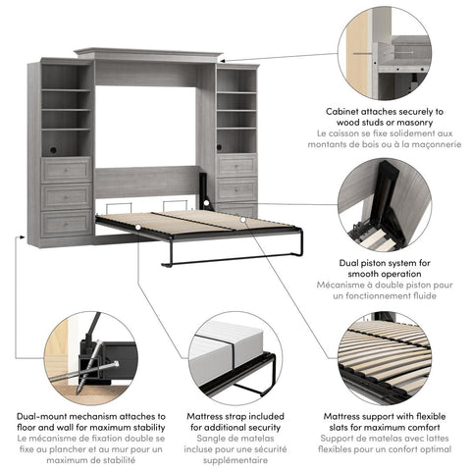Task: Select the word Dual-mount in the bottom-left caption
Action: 44,416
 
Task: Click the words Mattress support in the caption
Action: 360,416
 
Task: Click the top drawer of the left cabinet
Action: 66,170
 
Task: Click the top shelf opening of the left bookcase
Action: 66,76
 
